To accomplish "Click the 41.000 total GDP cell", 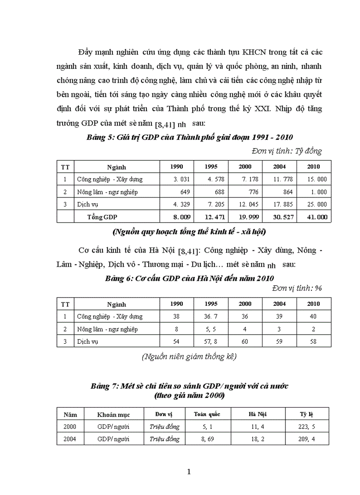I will click(x=315, y=217).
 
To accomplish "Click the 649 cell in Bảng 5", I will click(x=188, y=192).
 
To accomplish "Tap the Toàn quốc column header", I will click(x=207, y=414).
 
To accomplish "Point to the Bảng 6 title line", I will click(x=190, y=278).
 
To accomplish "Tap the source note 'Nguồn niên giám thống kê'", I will click(x=190, y=357).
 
